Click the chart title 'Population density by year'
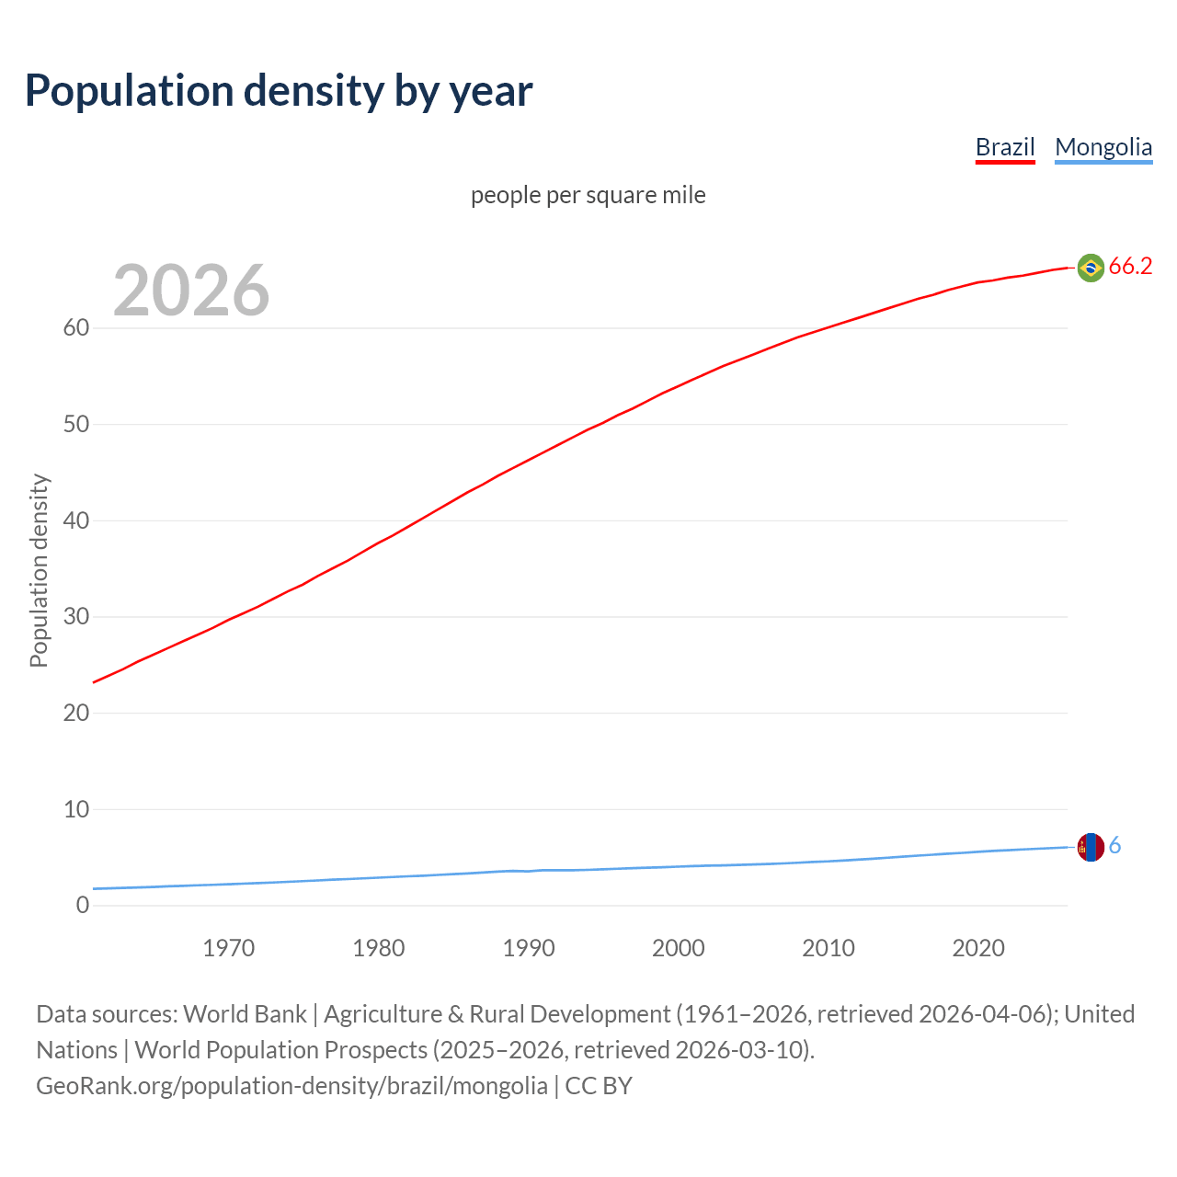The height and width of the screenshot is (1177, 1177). click(x=279, y=90)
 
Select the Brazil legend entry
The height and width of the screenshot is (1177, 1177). click(x=1005, y=147)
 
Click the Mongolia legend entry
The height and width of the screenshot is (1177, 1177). click(x=1103, y=147)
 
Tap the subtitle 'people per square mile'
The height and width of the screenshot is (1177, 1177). click(x=588, y=195)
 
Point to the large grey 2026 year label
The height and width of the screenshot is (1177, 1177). click(x=191, y=291)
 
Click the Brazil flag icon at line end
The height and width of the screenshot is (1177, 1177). click(x=1091, y=268)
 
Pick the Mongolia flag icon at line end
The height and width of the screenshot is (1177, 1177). click(x=1091, y=847)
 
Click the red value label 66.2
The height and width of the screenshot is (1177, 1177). click(x=1130, y=267)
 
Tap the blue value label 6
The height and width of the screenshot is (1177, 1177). click(x=1115, y=846)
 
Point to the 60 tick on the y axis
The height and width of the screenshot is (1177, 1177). click(x=76, y=328)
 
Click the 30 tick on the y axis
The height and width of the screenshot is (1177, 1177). click(x=76, y=617)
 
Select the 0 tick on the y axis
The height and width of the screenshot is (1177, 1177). click(x=83, y=906)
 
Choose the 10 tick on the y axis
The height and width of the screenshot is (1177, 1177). click(x=76, y=809)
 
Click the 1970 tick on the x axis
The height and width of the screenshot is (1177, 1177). click(x=229, y=948)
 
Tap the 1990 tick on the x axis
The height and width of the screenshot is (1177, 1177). click(x=529, y=948)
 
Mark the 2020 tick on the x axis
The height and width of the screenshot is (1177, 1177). click(x=978, y=948)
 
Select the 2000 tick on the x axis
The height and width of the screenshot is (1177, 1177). click(x=679, y=948)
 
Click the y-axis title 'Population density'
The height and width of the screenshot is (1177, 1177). click(x=39, y=570)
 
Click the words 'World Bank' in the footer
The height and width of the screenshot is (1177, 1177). click(x=245, y=1014)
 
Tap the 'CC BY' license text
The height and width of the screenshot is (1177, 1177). click(x=599, y=1086)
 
